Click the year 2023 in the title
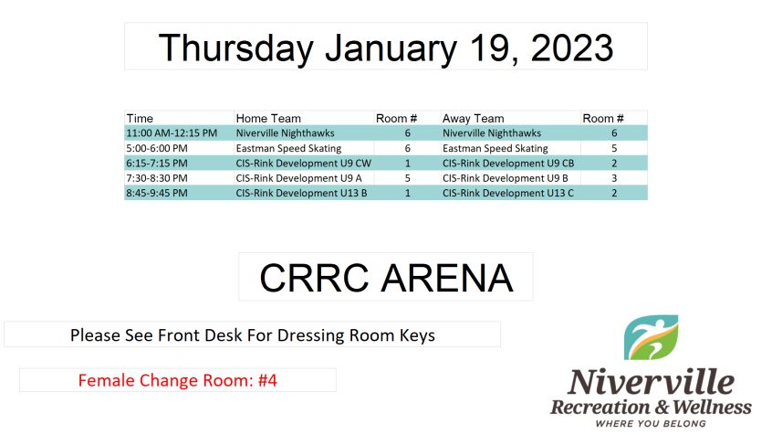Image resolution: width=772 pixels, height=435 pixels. [571, 48]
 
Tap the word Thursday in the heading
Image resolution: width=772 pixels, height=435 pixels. [235, 48]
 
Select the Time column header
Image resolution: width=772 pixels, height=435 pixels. [140, 119]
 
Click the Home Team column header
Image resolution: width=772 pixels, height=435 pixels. [268, 119]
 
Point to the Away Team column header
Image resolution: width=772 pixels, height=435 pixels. [473, 119]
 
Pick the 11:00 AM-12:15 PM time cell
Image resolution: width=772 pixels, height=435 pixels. [172, 133]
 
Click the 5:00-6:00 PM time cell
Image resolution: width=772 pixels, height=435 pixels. [157, 148]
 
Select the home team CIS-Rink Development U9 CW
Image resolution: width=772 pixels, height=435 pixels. [303, 164]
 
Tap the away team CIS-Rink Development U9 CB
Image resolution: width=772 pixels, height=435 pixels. [508, 164]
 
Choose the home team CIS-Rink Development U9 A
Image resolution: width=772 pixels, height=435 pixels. [299, 178]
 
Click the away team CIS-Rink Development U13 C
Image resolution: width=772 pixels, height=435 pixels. [508, 193]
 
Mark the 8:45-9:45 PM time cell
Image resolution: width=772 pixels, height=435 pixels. [157, 193]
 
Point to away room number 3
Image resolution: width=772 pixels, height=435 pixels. [614, 178]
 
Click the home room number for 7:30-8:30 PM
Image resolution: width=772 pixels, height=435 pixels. [408, 178]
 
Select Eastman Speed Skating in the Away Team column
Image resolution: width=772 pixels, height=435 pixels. [496, 148]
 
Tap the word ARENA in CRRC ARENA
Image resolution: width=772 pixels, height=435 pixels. [447, 278]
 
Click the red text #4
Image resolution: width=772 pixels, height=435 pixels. [267, 380]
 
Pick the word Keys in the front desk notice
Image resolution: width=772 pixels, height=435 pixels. [417, 335]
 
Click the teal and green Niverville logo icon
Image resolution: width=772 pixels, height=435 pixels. [651, 337]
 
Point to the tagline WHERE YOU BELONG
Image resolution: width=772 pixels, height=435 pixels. [651, 424]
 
